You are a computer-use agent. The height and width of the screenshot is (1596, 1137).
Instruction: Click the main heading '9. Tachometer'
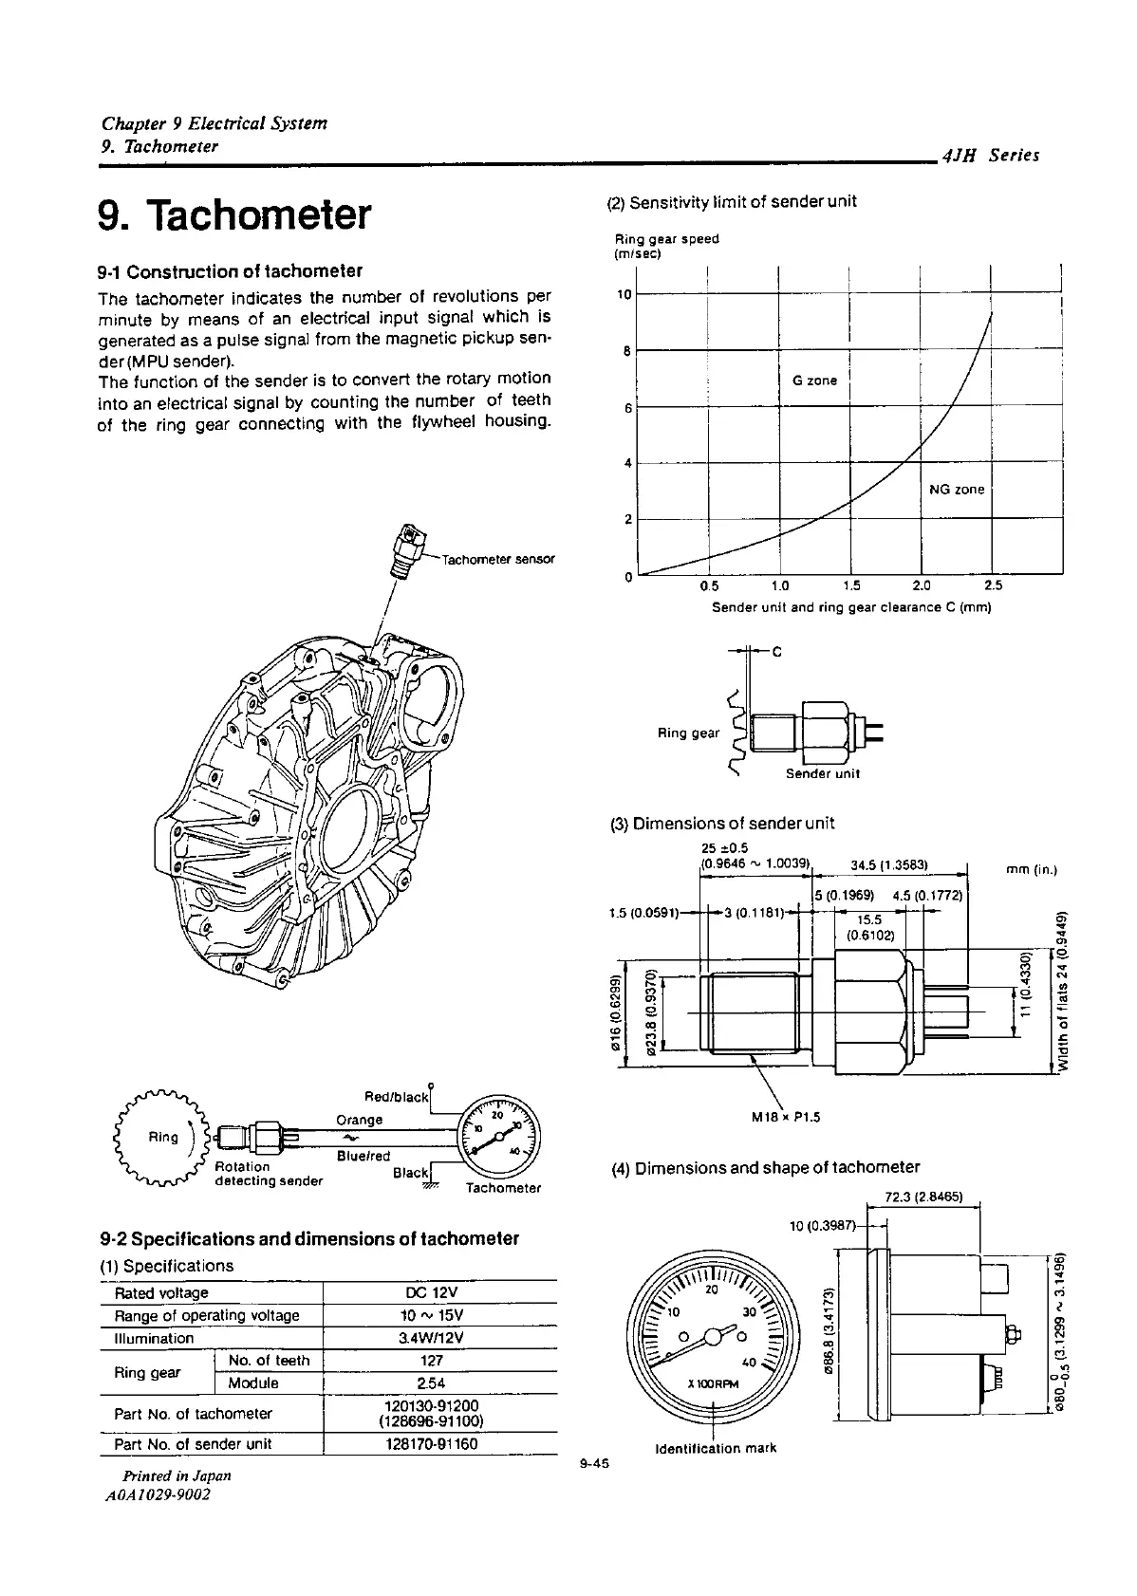tap(233, 215)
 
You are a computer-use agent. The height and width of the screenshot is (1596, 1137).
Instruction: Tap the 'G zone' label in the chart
tap(814, 380)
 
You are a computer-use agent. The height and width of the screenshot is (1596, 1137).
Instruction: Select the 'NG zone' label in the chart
tap(957, 490)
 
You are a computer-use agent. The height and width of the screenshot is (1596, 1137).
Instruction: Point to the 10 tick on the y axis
tap(624, 294)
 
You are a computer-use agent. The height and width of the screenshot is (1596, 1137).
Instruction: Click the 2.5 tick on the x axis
tap(993, 585)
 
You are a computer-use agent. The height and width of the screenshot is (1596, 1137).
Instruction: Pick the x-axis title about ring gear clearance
tap(851, 607)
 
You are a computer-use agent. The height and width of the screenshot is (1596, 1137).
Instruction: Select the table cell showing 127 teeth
tap(432, 1360)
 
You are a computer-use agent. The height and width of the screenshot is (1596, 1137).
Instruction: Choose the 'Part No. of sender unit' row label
tap(193, 1443)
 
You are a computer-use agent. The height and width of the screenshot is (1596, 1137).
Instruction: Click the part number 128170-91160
tap(433, 1443)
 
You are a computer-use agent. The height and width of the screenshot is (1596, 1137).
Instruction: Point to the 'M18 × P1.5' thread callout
tap(785, 1117)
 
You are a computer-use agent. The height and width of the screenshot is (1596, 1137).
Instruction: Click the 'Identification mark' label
tap(716, 1448)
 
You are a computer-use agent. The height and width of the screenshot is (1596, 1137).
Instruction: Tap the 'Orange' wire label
tap(360, 1120)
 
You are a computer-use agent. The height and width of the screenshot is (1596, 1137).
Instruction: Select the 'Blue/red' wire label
tap(363, 1156)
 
